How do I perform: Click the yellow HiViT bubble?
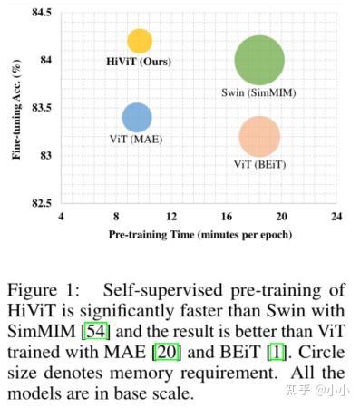[x=139, y=41]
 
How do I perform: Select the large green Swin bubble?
[x=259, y=61]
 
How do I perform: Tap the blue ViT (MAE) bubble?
[x=136, y=117]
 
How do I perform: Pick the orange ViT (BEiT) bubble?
[x=260, y=137]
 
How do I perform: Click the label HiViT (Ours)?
[x=139, y=62]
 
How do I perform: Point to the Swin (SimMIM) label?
[x=259, y=92]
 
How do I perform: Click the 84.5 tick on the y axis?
[x=41, y=12]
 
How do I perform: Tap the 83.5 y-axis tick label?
[x=41, y=107]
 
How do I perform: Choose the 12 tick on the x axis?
[x=171, y=218]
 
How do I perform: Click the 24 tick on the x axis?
[x=336, y=218]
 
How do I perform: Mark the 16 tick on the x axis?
[x=227, y=218]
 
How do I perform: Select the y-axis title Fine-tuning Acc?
[x=16, y=108]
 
